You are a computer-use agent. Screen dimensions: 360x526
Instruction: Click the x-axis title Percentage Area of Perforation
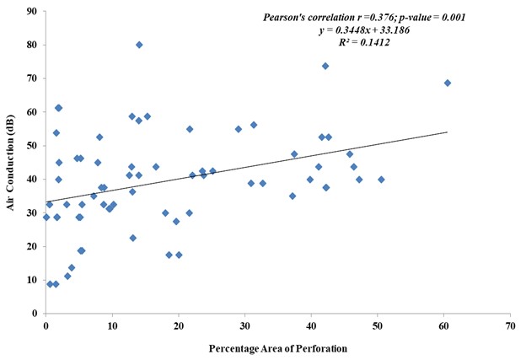click(x=277, y=346)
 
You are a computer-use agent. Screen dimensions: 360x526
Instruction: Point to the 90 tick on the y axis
click(x=31, y=11)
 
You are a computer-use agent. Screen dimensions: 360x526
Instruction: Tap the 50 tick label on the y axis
click(x=31, y=145)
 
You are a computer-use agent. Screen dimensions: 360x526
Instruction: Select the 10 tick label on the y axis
click(x=31, y=280)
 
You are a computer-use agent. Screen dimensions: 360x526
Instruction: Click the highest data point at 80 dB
click(x=139, y=45)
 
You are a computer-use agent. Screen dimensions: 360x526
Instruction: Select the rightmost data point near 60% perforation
click(x=448, y=83)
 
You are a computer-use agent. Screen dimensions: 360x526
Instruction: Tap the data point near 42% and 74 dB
click(x=325, y=66)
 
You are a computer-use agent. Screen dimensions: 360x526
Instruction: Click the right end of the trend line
click(x=447, y=132)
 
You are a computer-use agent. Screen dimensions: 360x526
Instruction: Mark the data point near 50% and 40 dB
click(x=381, y=180)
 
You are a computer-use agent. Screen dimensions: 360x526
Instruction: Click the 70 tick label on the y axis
click(x=31, y=78)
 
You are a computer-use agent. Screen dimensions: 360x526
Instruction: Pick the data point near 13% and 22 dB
click(x=133, y=238)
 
